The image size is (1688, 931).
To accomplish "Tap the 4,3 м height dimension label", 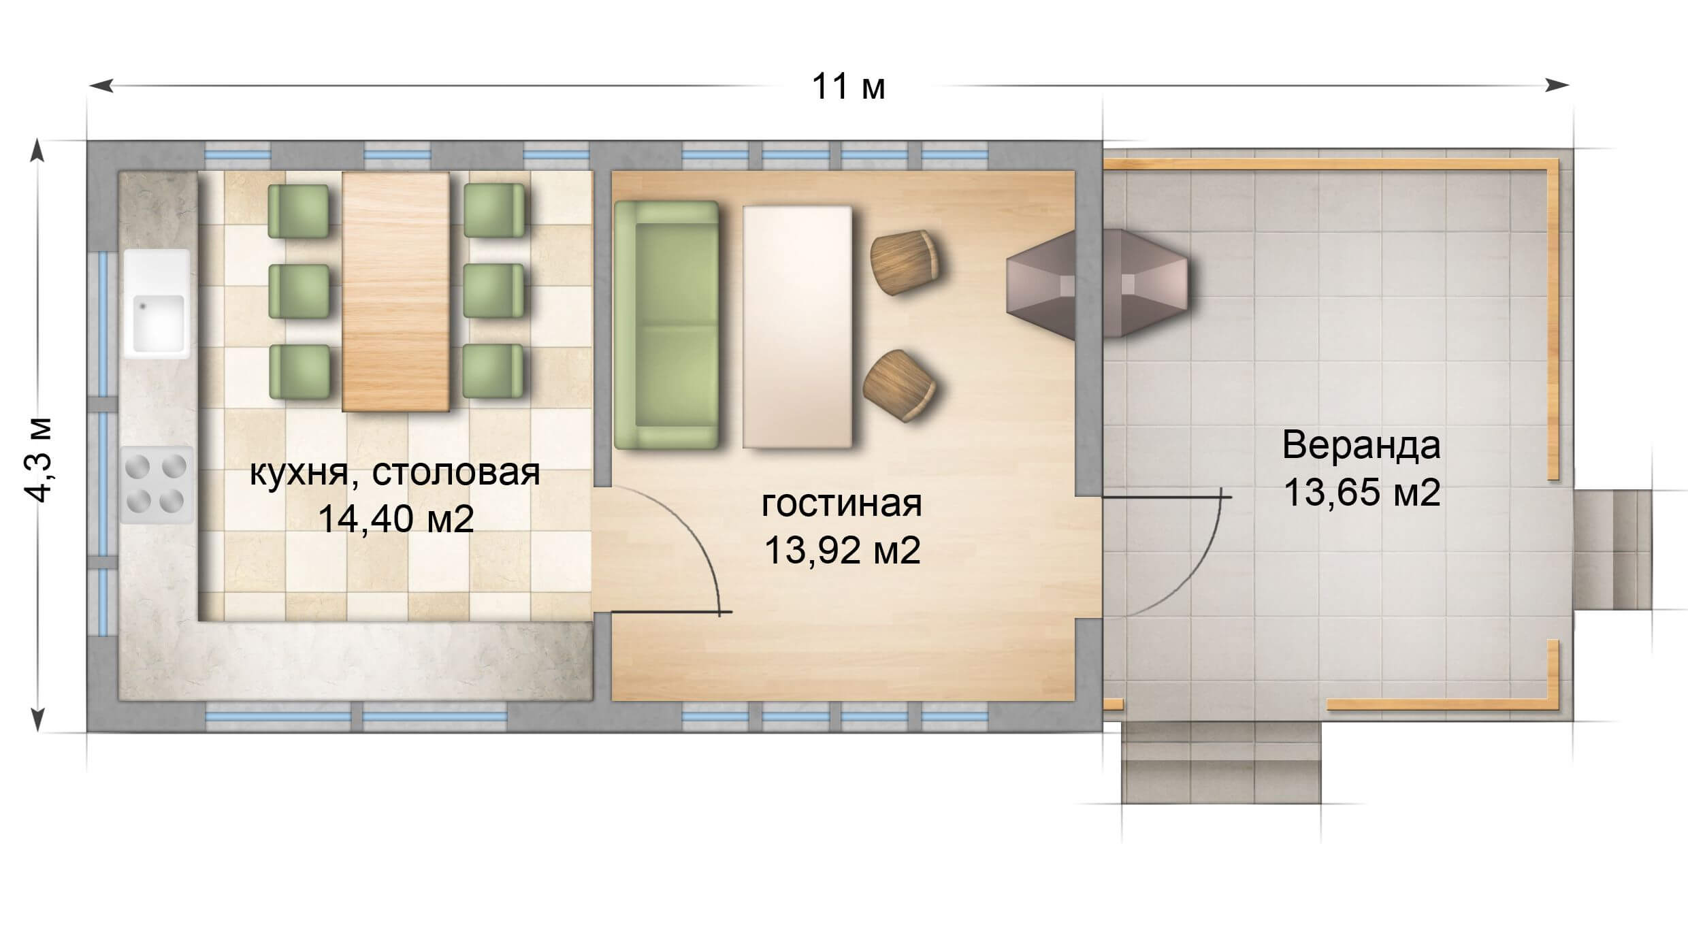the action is click(x=39, y=460).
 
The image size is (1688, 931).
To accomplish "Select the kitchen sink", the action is click(x=157, y=304).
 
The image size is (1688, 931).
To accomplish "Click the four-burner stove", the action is click(x=157, y=484).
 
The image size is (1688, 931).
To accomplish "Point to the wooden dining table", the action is click(x=395, y=291).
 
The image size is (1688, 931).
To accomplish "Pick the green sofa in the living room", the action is click(x=666, y=325).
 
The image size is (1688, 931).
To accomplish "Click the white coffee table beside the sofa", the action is click(x=797, y=327).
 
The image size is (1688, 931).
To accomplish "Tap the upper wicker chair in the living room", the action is click(x=905, y=263).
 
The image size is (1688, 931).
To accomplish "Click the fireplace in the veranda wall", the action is click(x=1098, y=282).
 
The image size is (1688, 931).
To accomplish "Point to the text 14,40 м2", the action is click(x=395, y=519).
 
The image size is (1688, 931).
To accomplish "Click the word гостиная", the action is click(x=842, y=504).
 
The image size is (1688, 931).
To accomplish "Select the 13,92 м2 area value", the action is click(x=842, y=550).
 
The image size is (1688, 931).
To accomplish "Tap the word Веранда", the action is click(x=1361, y=445).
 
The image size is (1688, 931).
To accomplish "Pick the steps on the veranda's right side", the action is click(x=1612, y=549).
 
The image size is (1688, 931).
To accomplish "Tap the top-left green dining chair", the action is click(x=298, y=210).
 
